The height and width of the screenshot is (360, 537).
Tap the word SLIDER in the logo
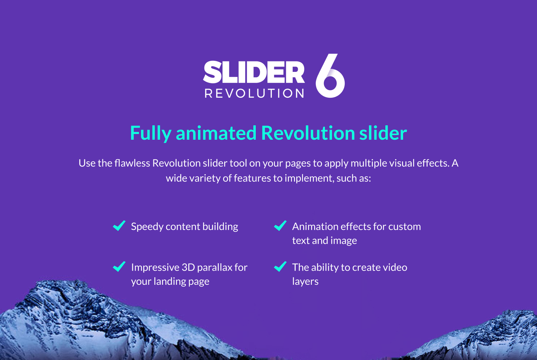tap(254, 72)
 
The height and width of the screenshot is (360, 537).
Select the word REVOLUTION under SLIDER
tap(254, 93)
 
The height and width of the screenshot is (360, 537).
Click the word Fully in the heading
tap(151, 133)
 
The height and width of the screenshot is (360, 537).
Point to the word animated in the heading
tap(216, 133)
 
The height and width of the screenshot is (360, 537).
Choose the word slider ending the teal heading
tap(383, 133)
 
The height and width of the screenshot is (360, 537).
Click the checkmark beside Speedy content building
tap(119, 226)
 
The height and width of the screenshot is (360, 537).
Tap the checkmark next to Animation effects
tap(280, 226)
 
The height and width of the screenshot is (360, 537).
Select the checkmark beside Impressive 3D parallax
tap(119, 266)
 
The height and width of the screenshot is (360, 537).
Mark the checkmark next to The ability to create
tap(280, 266)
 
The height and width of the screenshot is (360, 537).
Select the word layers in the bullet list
tap(305, 282)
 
